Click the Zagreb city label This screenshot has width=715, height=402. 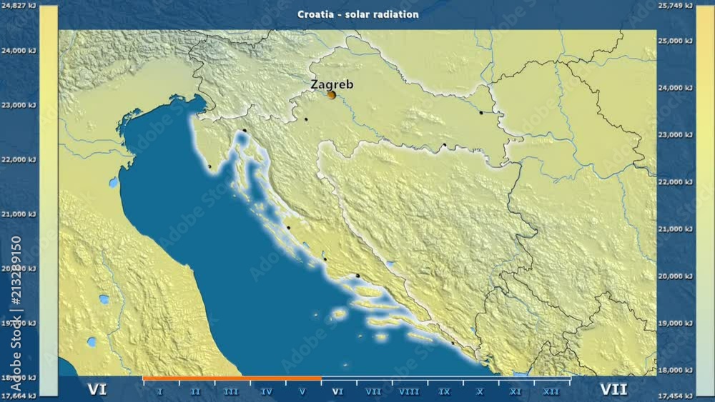pyautogui.click(x=331, y=84)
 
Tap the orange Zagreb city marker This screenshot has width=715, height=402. pyautogui.click(x=331, y=94)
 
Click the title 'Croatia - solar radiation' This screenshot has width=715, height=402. pyautogui.click(x=358, y=14)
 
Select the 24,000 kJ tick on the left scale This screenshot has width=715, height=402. pyautogui.click(x=19, y=50)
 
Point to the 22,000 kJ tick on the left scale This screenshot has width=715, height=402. pyautogui.click(x=19, y=160)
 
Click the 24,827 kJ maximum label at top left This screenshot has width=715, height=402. pyautogui.click(x=19, y=6)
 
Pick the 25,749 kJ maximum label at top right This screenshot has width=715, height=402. pyautogui.click(x=675, y=6)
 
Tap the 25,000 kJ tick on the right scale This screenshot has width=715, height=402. pyautogui.click(x=675, y=41)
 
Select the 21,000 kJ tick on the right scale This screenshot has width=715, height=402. pyautogui.click(x=675, y=229)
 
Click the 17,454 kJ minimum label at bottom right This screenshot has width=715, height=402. pyautogui.click(x=675, y=396)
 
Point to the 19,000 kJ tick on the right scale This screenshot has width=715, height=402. pyautogui.click(x=675, y=323)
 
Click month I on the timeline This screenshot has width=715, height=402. pyautogui.click(x=159, y=391)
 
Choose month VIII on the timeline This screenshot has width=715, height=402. pyautogui.click(x=409, y=391)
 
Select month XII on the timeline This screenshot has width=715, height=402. pyautogui.click(x=551, y=391)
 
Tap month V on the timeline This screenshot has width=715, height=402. pyautogui.click(x=302, y=391)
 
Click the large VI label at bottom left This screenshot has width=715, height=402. pyautogui.click(x=97, y=390)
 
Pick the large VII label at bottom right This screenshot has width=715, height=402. pyautogui.click(x=614, y=390)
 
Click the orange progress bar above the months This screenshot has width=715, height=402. pyautogui.click(x=232, y=378)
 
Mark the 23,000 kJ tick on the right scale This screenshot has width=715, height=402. pyautogui.click(x=675, y=135)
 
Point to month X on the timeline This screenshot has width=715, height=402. pyautogui.click(x=480, y=391)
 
